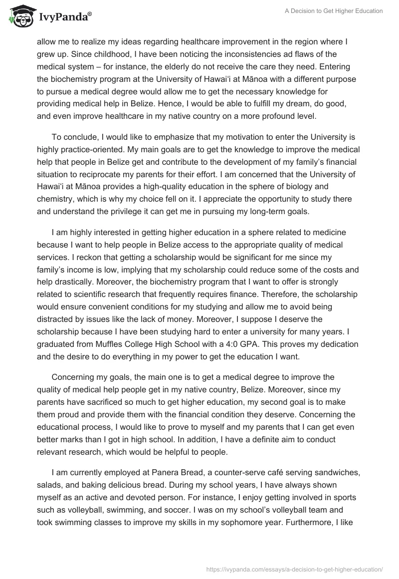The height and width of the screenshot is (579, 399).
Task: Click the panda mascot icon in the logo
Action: (19, 18)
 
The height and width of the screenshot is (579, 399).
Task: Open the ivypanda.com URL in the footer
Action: (294, 569)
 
